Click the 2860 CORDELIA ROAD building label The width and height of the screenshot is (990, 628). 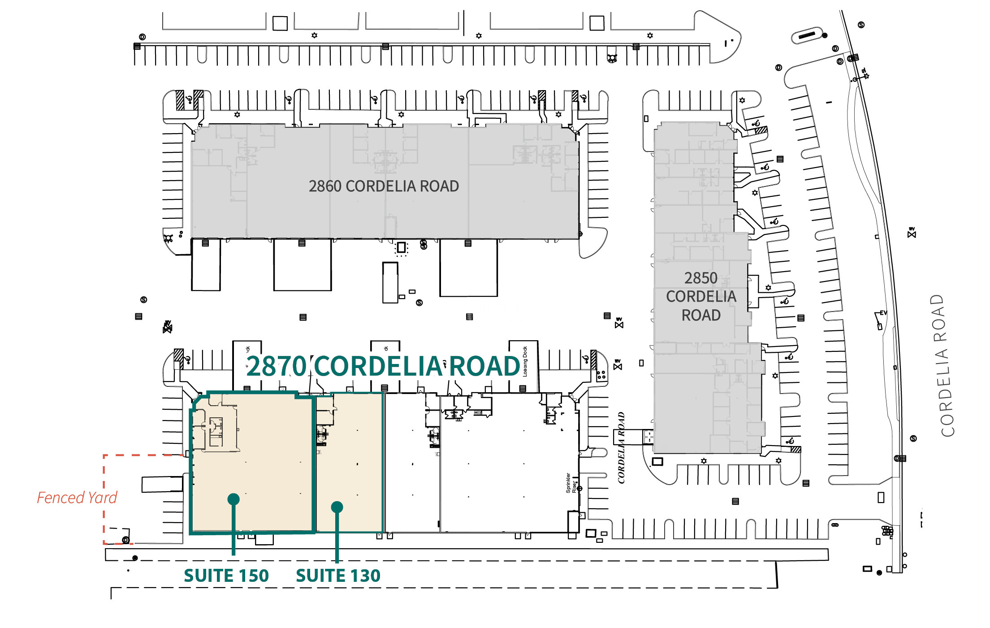(384, 186)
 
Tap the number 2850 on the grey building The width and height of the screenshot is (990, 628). (700, 278)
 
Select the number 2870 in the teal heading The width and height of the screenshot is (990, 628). (276, 366)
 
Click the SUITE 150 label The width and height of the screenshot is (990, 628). (226, 576)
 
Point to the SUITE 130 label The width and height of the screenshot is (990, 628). (338, 576)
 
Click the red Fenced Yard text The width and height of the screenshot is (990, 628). (77, 498)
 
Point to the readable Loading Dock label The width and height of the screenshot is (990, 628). (525, 361)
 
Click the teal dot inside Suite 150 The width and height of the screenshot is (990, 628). (233, 499)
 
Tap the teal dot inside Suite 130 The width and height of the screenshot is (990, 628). (337, 507)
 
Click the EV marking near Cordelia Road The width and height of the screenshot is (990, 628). (883, 312)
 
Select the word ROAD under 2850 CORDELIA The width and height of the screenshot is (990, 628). (701, 316)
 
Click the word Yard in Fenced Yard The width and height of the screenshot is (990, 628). (103, 498)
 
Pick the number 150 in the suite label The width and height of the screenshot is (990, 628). (254, 576)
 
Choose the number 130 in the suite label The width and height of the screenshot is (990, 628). (365, 576)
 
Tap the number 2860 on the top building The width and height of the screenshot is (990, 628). (325, 186)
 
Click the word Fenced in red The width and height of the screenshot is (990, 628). (61, 498)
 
